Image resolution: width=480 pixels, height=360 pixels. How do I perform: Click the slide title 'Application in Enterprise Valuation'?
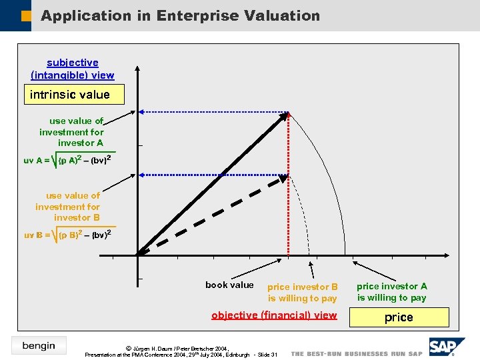[x=180, y=15]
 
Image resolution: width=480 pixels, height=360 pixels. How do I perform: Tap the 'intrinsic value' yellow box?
[x=69, y=95]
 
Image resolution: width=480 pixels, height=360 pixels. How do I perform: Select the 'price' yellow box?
[x=399, y=317]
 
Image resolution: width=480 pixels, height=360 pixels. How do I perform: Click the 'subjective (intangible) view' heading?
[x=73, y=69]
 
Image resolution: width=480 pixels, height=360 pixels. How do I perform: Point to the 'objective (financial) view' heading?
[x=274, y=315]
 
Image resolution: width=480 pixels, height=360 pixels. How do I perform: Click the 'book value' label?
[x=229, y=285]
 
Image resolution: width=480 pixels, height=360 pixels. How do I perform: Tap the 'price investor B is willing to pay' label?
[x=303, y=293]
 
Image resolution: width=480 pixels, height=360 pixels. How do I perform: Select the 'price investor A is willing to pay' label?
[x=391, y=292]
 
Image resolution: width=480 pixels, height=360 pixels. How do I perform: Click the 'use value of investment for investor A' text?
[x=71, y=132]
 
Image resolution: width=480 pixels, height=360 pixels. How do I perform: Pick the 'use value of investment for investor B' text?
[x=68, y=207]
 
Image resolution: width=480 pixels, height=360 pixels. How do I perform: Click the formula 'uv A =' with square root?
[x=67, y=160]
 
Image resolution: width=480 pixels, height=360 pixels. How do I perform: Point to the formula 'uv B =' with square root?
[x=67, y=235]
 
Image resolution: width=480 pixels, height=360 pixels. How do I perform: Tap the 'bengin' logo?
[x=39, y=345]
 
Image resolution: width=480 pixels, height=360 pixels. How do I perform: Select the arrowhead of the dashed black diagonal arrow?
[x=283, y=179]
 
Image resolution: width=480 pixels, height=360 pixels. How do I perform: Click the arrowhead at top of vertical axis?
[x=137, y=69]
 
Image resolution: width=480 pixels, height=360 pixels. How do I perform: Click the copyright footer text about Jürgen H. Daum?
[x=181, y=351]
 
